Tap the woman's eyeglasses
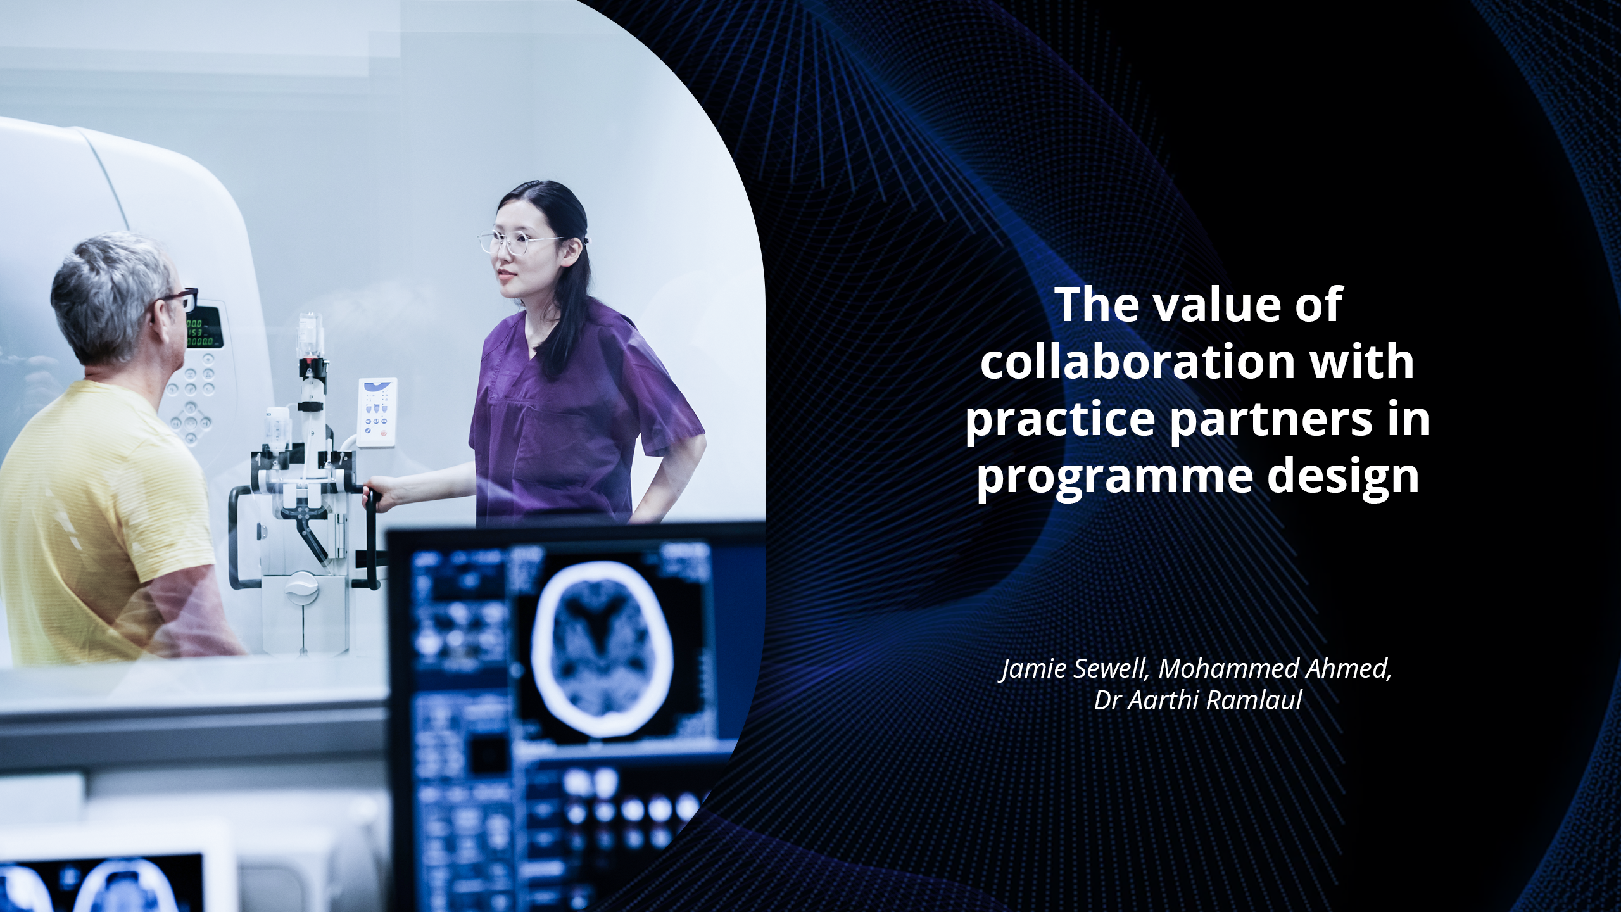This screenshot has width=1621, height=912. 519,243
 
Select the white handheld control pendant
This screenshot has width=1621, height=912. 377,413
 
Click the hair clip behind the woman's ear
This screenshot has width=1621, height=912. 587,242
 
